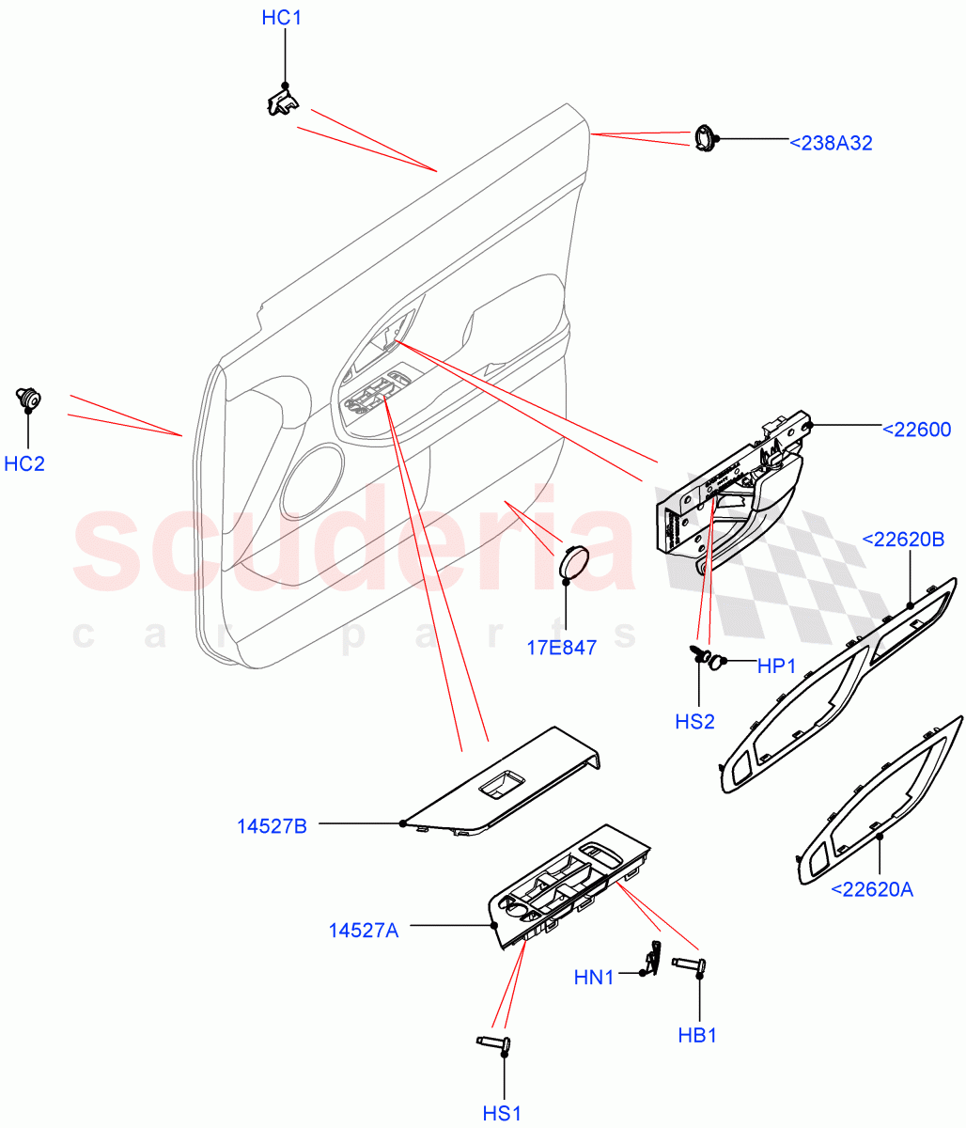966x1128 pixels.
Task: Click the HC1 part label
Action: click(282, 18)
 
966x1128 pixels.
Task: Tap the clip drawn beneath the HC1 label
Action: click(281, 100)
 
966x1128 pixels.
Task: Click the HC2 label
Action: click(24, 463)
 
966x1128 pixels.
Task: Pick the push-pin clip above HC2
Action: click(28, 399)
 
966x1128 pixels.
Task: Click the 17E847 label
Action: click(560, 647)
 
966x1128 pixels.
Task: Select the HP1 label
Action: click(776, 666)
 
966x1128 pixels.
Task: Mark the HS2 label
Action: click(694, 721)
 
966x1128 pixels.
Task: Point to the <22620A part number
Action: click(871, 888)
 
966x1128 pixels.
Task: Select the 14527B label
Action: click(272, 826)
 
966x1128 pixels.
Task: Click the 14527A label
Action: click(364, 930)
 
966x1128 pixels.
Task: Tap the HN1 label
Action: click(593, 978)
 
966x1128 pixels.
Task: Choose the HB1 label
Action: click(697, 1035)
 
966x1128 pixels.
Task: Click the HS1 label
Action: click(503, 1113)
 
